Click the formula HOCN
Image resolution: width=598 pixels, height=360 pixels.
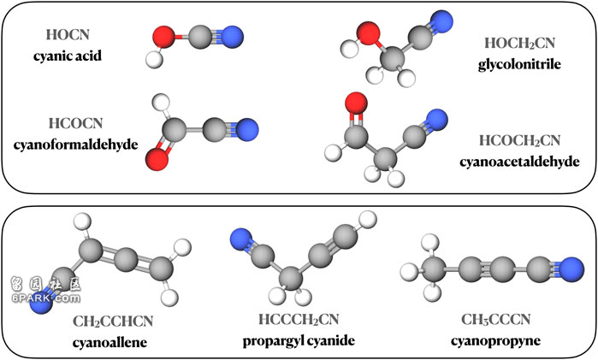(68, 35)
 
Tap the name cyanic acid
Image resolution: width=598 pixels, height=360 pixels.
(68, 56)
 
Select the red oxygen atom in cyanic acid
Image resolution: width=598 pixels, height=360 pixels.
(163, 37)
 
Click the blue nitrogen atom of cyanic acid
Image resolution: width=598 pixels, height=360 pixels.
(232, 37)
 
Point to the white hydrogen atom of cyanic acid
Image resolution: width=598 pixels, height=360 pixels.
(155, 60)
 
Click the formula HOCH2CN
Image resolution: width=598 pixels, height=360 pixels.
(519, 43)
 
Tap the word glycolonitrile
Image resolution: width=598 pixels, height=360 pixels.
(519, 64)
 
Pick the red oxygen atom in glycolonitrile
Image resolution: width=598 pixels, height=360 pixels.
(369, 32)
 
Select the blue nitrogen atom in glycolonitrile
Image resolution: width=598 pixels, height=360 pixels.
(441, 21)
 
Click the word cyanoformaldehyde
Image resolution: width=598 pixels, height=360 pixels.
(75, 145)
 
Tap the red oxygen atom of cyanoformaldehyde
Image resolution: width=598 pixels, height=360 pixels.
(157, 159)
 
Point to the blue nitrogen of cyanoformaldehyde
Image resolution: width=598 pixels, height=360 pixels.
(247, 130)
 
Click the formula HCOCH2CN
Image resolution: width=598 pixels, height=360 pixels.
(519, 141)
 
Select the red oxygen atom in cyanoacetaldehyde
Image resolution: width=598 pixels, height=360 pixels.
(356, 103)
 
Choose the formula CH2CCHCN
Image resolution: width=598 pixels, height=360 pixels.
(113, 322)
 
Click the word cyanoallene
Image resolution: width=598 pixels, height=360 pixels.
(110, 342)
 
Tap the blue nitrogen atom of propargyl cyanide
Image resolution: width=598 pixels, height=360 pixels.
(241, 240)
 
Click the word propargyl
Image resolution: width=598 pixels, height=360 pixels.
(270, 341)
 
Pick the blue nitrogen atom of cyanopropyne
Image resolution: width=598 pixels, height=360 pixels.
(572, 269)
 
